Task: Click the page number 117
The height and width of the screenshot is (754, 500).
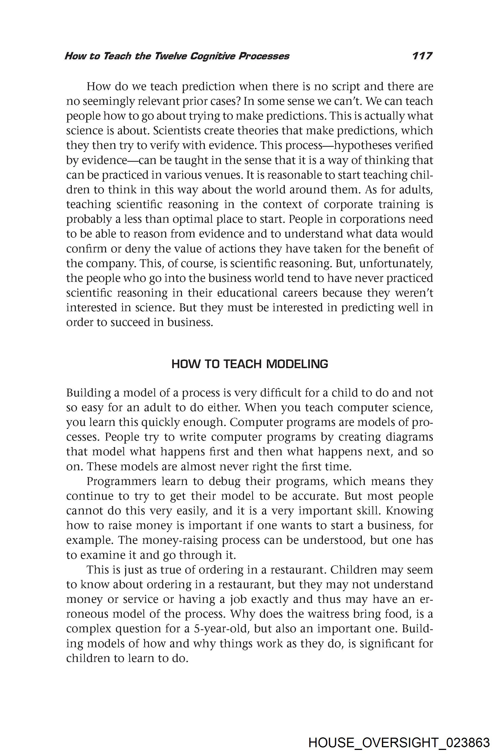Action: [422, 56]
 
